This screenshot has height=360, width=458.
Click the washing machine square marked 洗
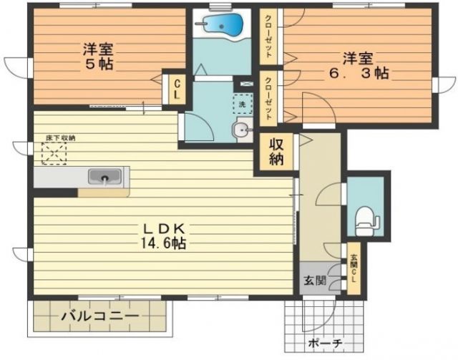point(241,104)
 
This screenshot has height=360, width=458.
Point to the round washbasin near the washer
point(241,130)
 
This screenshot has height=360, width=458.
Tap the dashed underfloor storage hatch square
point(53,152)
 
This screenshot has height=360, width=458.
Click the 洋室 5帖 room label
point(97,57)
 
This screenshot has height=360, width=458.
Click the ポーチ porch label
point(325,343)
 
